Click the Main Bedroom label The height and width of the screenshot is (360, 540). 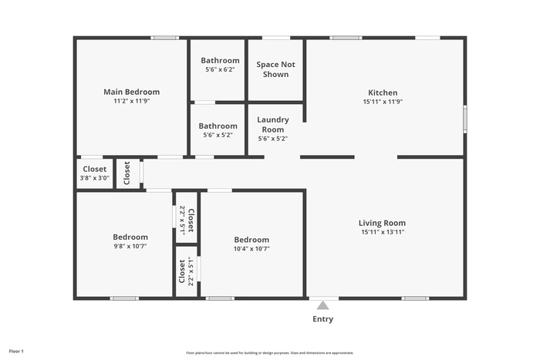coord(131,92)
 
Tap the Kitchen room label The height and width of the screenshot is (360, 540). coord(383,92)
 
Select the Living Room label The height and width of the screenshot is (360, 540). coord(383,223)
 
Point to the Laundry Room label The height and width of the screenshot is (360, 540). coord(273,124)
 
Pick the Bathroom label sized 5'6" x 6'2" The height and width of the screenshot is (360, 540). coord(220,60)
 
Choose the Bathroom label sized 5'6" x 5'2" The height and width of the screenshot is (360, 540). coord(218,126)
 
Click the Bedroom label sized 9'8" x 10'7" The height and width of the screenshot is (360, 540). coord(130,237)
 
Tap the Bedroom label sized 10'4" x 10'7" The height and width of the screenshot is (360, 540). coord(252,240)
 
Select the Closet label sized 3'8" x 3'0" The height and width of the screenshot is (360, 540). coord(94,169)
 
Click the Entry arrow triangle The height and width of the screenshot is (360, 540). coord(323,305)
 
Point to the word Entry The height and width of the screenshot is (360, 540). coord(323,319)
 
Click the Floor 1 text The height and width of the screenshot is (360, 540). coord(16,352)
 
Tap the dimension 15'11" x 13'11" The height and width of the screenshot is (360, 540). coord(383,232)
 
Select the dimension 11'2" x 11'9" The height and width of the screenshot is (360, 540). coord(131,101)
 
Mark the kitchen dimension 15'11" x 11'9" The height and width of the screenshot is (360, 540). coord(383,101)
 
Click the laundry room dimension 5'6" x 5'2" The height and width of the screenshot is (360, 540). coord(273,139)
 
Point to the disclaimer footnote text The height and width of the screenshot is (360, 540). coord(269,352)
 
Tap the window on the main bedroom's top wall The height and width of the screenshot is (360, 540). coord(164,37)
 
